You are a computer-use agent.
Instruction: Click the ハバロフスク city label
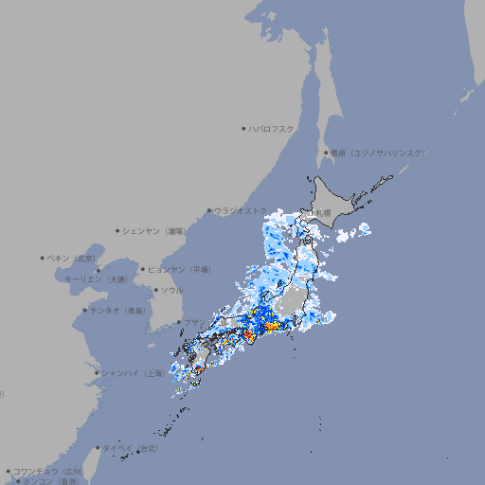(x=272, y=128)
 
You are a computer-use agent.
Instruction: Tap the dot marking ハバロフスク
(x=244, y=128)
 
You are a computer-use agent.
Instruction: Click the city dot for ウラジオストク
(x=210, y=211)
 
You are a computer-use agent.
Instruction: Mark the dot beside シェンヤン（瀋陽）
(x=118, y=230)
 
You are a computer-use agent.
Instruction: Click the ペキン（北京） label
(x=73, y=258)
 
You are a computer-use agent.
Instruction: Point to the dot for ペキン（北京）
(x=44, y=258)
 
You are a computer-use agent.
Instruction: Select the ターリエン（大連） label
(x=96, y=279)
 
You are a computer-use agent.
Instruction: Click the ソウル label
(x=171, y=290)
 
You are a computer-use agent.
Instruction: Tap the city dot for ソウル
(x=155, y=290)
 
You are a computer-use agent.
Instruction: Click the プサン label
(x=193, y=323)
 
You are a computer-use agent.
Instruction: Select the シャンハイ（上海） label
(x=134, y=373)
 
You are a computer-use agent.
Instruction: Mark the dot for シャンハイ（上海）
(x=97, y=373)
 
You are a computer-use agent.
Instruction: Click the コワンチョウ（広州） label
(x=48, y=471)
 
